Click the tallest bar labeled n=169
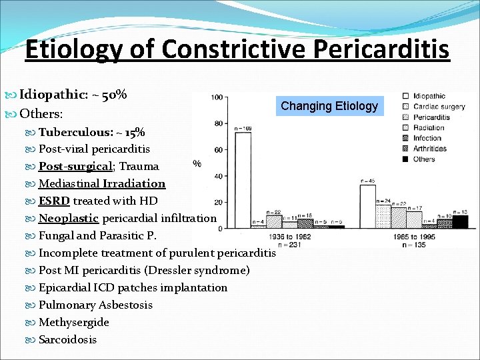243,180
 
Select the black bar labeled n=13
461,221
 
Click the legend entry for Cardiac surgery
439,107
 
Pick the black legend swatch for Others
405,159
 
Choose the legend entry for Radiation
429,127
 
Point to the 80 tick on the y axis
217,123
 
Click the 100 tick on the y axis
216,97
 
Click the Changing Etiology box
329,105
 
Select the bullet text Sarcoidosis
67,339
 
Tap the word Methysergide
73,322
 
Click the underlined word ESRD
54,201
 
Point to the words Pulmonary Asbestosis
95,305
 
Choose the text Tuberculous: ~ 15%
91,132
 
